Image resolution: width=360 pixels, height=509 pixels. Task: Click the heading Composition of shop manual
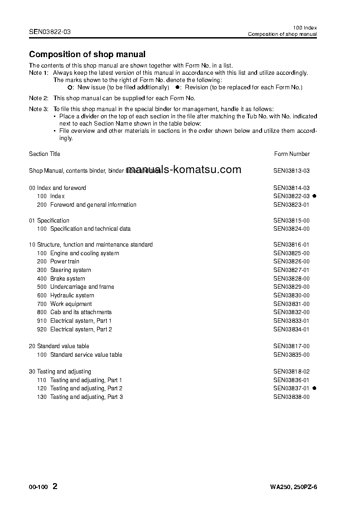[87, 54]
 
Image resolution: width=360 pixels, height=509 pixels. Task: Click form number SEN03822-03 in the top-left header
[50, 32]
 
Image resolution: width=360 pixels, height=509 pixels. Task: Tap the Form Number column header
[292, 154]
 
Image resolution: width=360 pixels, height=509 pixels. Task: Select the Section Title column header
[44, 154]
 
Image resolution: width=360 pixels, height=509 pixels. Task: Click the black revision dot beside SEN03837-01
[314, 388]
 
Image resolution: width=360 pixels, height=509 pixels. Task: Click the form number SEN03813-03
[291, 171]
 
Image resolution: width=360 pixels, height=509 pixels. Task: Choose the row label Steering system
[70, 270]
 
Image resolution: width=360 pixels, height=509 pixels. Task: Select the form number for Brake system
[291, 278]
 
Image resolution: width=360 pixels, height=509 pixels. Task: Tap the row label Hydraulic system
[72, 296]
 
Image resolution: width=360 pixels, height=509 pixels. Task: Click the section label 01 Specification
[49, 221]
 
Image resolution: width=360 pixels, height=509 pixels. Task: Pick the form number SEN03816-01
[291, 245]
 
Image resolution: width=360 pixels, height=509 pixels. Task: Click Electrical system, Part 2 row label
[81, 330]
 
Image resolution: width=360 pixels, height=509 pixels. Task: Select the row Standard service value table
[86, 355]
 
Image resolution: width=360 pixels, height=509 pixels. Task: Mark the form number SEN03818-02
[291, 372]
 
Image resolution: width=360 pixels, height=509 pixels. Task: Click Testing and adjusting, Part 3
[86, 397]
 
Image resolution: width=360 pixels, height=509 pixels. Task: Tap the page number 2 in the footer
[55, 486]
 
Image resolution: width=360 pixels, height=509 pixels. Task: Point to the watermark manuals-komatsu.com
[184, 170]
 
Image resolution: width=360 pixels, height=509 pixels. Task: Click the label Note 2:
[39, 98]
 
